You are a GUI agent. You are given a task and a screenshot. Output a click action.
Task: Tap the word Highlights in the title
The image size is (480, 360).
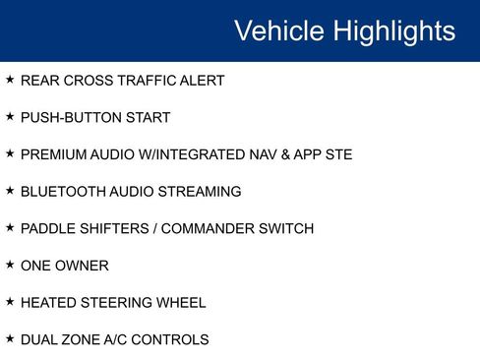(392, 30)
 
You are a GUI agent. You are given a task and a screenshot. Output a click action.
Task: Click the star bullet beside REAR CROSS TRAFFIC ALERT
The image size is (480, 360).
(10, 80)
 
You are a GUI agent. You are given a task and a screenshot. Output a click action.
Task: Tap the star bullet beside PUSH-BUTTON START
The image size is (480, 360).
(10, 117)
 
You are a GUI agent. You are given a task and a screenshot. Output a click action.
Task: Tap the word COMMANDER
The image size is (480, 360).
(210, 229)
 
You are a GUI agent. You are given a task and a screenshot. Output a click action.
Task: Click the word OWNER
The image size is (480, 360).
(84, 267)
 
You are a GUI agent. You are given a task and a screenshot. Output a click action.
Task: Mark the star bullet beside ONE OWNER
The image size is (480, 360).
(10, 266)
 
